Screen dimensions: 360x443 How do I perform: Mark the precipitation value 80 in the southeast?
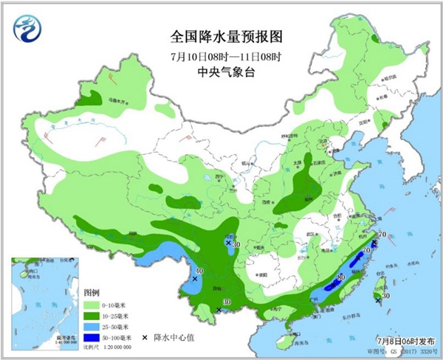pyautogui.click(x=340, y=277)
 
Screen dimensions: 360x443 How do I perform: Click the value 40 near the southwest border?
pyautogui.click(x=199, y=271)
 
